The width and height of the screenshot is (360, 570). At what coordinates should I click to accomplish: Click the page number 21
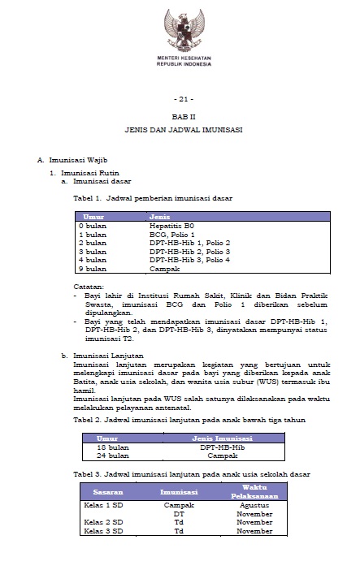click(x=180, y=99)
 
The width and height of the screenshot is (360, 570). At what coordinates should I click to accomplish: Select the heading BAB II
click(x=180, y=117)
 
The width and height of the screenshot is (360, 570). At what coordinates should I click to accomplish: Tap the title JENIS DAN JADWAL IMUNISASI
click(x=180, y=130)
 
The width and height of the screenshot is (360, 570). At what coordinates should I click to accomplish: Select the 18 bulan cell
click(x=113, y=447)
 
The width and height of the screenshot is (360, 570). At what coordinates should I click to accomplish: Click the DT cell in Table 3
click(x=179, y=514)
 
